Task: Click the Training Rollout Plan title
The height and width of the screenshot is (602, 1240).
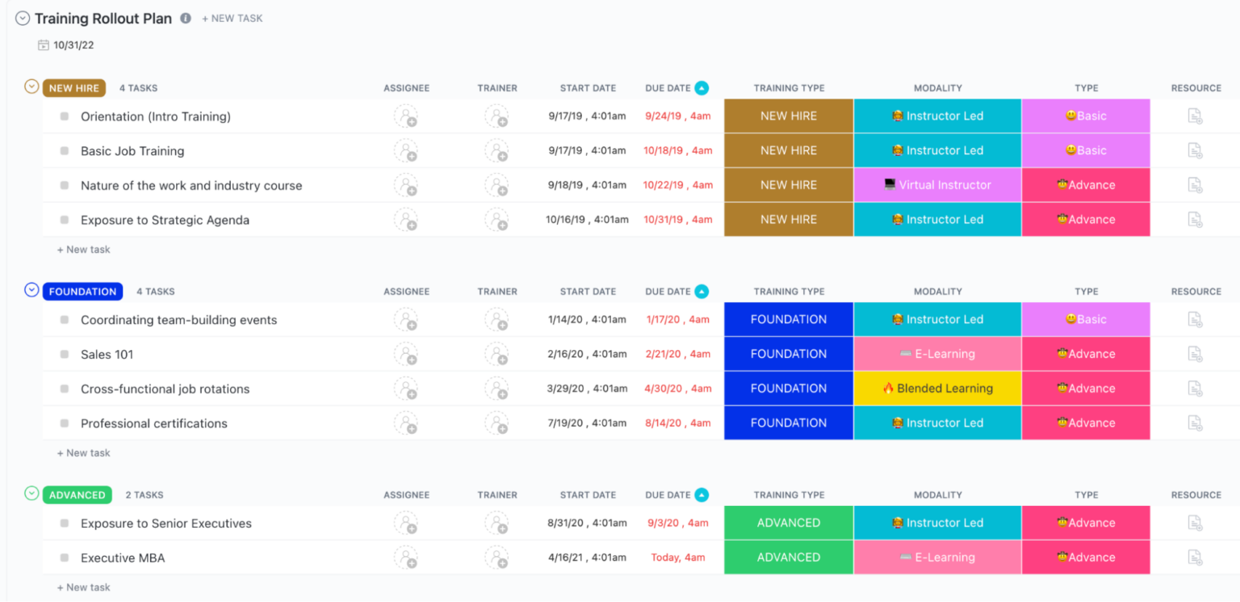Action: tap(103, 19)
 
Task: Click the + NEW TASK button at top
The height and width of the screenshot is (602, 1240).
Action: tap(232, 19)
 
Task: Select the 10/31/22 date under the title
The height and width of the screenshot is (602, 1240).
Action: tap(73, 45)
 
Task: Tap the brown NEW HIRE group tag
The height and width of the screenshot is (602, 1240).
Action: tap(73, 88)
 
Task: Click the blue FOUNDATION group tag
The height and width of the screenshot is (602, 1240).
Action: tap(82, 292)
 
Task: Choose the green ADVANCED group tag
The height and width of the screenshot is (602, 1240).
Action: tap(77, 495)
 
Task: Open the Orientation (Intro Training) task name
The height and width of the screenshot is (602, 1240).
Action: tap(156, 116)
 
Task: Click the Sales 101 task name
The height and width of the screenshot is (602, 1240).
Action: tap(107, 355)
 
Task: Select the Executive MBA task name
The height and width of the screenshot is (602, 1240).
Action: tap(123, 558)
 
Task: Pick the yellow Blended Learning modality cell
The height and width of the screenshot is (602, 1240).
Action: tap(937, 389)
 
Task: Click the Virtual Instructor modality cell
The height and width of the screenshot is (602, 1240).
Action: tap(937, 185)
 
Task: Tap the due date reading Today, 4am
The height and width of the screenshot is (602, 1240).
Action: tap(678, 558)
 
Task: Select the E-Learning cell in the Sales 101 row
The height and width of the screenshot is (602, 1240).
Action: tap(937, 354)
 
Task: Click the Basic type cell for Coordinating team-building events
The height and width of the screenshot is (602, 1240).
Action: tap(1086, 320)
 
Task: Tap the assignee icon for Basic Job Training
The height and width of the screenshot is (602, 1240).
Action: tap(405, 151)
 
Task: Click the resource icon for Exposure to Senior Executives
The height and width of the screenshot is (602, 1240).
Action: tap(1195, 524)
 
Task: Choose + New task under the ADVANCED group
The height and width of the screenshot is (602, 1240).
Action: tap(84, 587)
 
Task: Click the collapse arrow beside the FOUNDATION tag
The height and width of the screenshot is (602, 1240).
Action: tap(31, 290)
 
